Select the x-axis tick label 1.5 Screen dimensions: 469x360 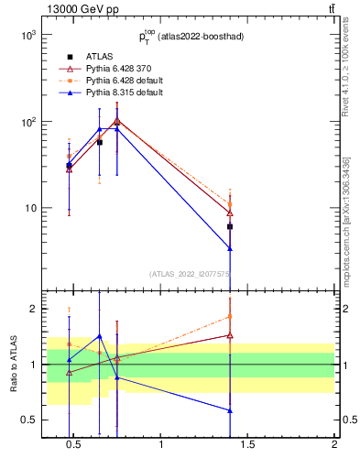[x=248, y=446]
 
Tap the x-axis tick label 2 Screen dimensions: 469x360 [x=334, y=446]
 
